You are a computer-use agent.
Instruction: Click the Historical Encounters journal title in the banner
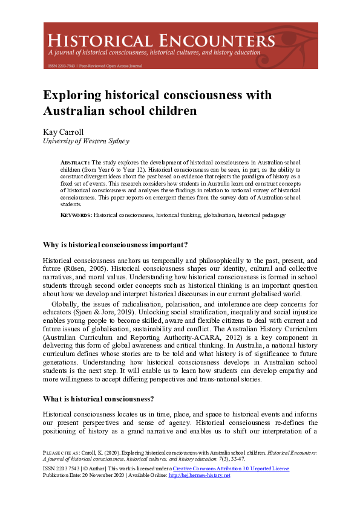pyautogui.click(x=161, y=41)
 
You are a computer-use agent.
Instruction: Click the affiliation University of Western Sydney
pyautogui.click(x=86, y=141)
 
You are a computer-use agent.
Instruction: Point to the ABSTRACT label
pyautogui.click(x=74, y=163)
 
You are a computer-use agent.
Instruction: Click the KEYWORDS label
pyautogui.click(x=76, y=215)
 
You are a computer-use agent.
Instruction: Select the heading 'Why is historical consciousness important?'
pyautogui.click(x=115, y=244)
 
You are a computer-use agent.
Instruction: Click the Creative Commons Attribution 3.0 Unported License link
pyautogui.click(x=231, y=468)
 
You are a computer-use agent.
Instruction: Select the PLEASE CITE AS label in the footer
pyautogui.click(x=63, y=452)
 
